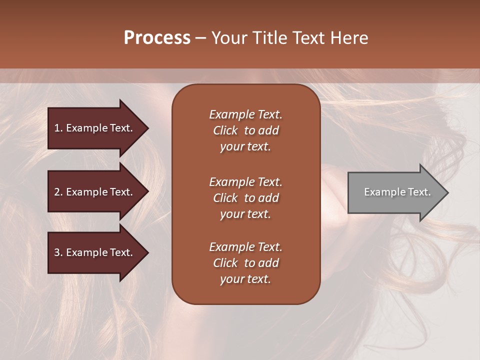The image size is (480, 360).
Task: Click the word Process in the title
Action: [157, 38]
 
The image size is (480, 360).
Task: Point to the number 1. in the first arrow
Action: [58, 128]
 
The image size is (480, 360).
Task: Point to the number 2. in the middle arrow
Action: [58, 192]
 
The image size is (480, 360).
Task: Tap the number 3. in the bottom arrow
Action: [58, 253]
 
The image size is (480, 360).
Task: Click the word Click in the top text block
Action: [225, 130]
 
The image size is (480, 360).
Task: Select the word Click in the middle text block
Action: [225, 198]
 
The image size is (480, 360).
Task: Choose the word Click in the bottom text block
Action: [225, 263]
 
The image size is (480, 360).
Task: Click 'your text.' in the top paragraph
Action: [245, 147]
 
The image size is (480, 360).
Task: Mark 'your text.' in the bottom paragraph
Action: [245, 279]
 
